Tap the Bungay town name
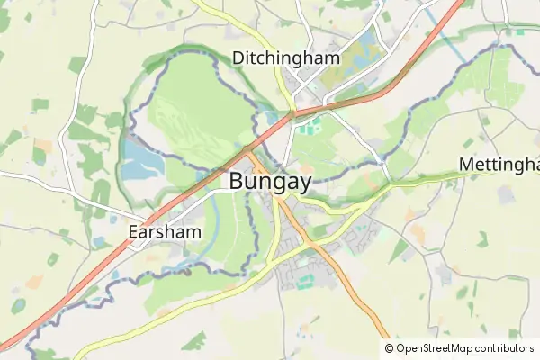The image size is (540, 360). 270,181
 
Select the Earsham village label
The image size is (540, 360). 164,230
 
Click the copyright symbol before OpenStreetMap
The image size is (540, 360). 389,348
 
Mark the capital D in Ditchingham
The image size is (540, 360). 238,58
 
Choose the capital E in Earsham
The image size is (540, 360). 133,230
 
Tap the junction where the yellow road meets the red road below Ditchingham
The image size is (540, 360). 292,112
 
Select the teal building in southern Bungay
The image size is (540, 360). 304,282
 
